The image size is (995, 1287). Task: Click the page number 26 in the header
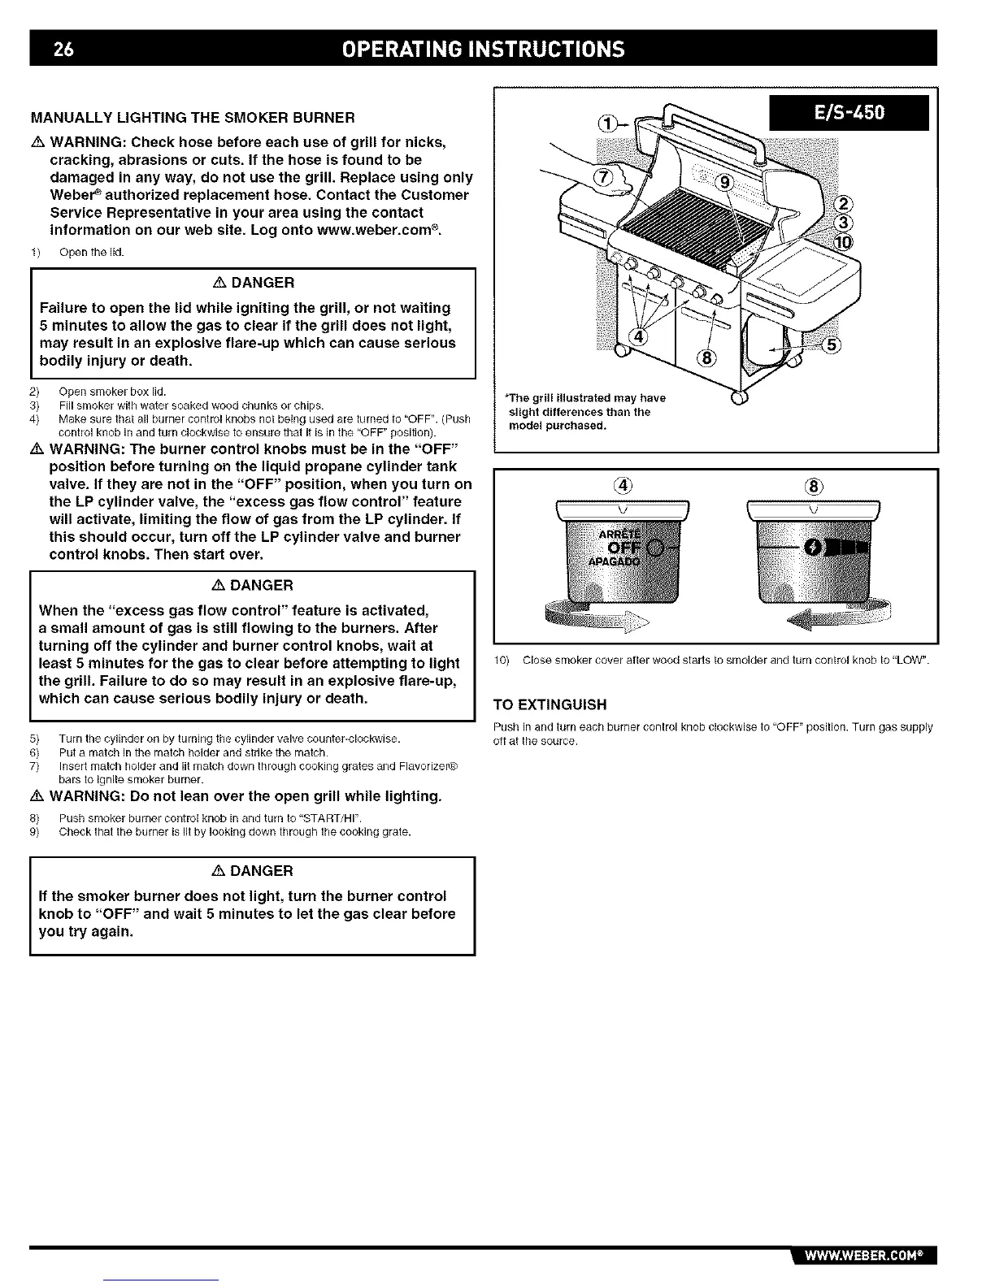click(63, 49)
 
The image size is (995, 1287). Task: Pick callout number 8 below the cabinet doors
click(706, 359)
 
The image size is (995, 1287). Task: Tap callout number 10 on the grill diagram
click(843, 243)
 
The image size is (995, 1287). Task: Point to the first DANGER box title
click(252, 283)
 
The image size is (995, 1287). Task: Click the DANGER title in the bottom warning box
click(252, 871)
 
